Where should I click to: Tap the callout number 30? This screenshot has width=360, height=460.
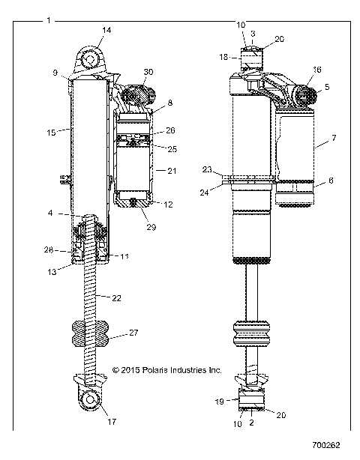[148, 71]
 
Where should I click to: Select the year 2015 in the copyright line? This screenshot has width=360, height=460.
[130, 369]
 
